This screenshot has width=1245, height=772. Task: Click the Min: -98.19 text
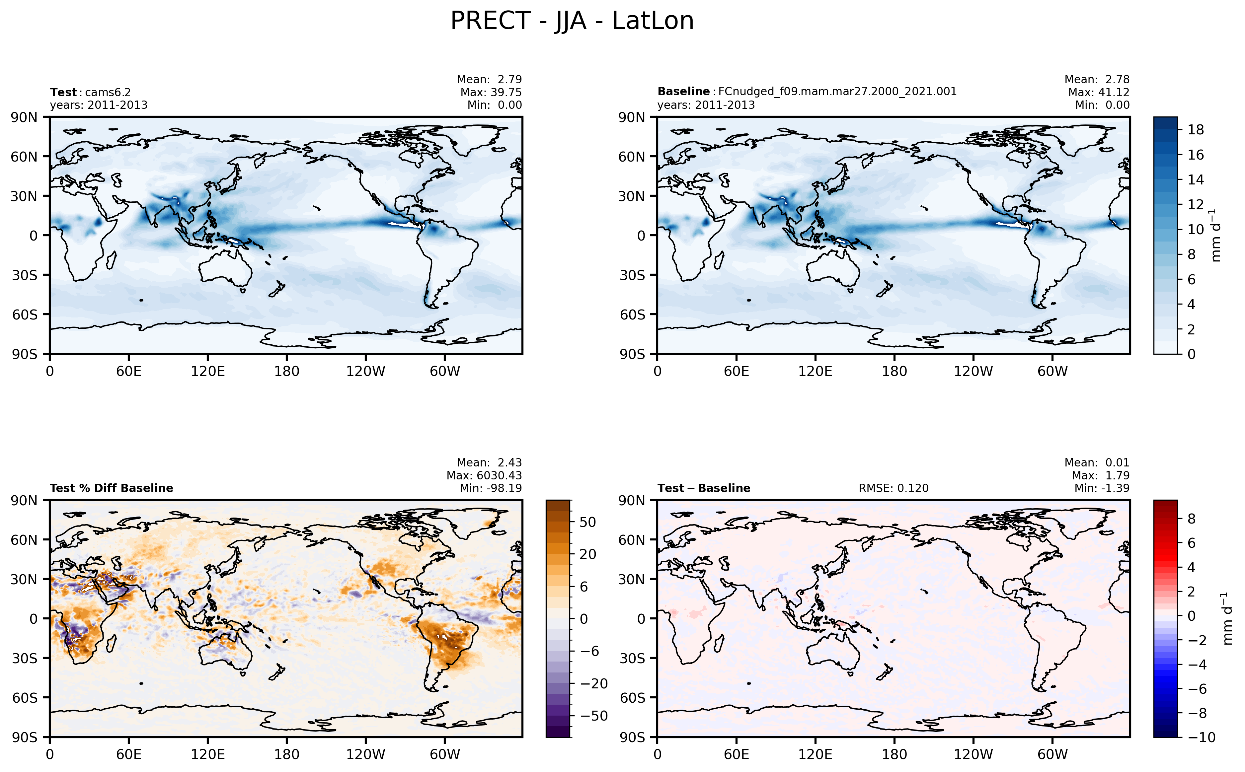490,488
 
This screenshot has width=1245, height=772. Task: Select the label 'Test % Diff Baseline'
111,488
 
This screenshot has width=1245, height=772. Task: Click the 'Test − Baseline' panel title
703,488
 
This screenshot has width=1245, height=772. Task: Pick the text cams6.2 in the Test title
108,93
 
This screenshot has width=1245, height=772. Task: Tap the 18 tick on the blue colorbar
1196,130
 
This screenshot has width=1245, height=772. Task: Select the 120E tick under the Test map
207,371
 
